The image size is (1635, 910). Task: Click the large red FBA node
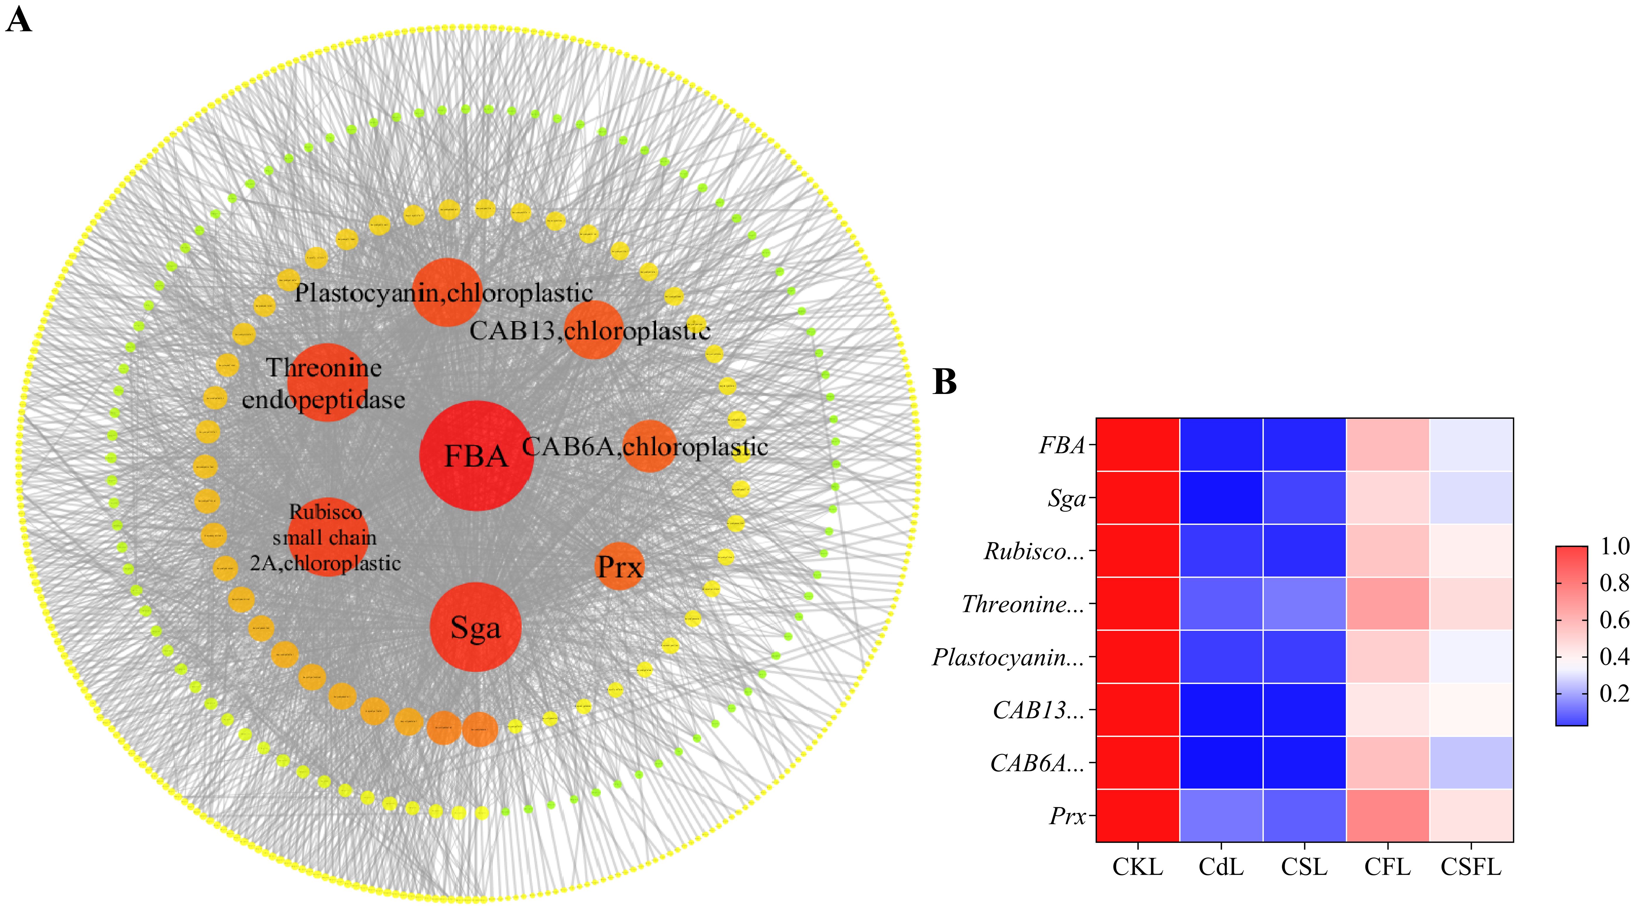click(476, 456)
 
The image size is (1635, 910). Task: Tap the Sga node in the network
click(475, 627)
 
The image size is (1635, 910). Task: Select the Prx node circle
click(620, 566)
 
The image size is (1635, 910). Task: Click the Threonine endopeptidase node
click(327, 383)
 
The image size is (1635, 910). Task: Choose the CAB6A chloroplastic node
click(649, 446)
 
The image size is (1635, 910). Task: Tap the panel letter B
click(944, 382)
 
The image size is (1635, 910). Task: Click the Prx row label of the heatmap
click(1068, 816)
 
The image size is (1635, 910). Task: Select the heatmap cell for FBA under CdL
click(1220, 445)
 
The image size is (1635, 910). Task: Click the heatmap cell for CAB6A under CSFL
click(1471, 763)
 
